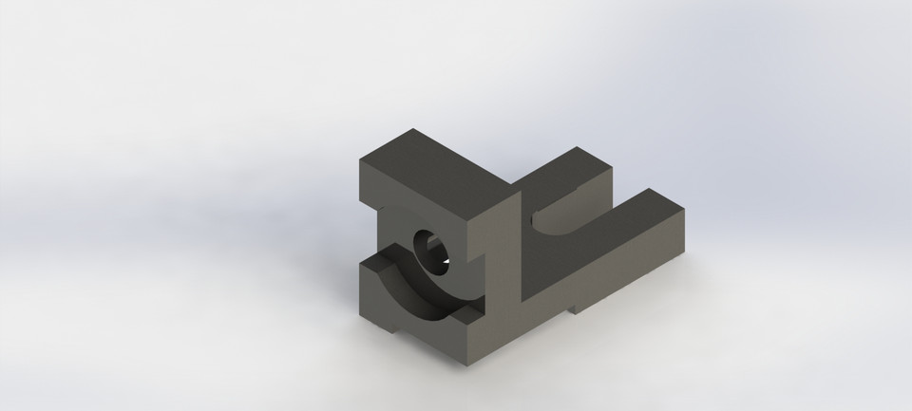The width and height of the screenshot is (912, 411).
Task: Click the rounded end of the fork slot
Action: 546,224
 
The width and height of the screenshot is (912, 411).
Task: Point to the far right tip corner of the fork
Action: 686,211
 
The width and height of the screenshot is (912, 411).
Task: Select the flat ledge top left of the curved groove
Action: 374,262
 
